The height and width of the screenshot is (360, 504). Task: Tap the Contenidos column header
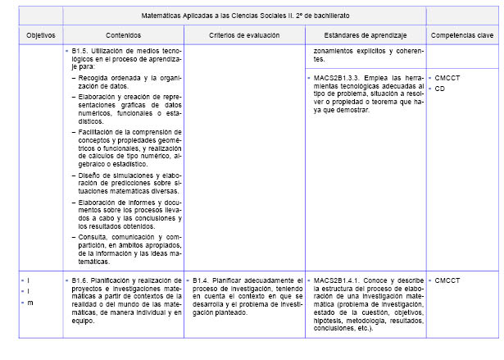coord(123,36)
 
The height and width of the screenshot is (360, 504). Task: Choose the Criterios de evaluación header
coord(244,36)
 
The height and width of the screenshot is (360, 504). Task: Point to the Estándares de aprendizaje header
coord(366,36)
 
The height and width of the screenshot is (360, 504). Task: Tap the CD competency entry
coord(439,88)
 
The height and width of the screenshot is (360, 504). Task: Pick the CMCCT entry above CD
coord(447,77)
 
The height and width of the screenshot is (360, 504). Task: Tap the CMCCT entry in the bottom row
coord(447,280)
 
